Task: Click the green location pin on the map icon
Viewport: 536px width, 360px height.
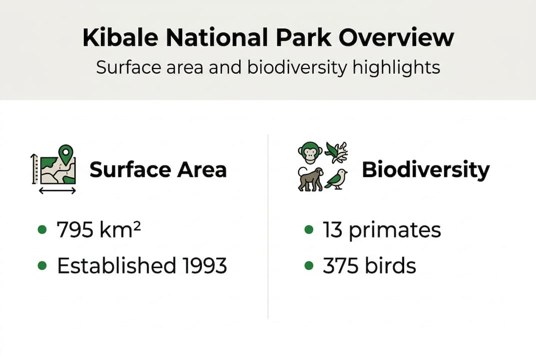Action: (65, 153)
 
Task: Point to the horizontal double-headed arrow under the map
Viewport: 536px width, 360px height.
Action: (57, 190)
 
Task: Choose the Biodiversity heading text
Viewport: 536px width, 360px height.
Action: (426, 170)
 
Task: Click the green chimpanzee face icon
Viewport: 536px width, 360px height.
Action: (310, 152)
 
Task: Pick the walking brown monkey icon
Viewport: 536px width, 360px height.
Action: (310, 179)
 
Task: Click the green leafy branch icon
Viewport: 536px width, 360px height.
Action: (336, 152)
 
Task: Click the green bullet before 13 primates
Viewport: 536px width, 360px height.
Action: (309, 230)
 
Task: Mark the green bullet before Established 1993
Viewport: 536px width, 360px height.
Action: (42, 266)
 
